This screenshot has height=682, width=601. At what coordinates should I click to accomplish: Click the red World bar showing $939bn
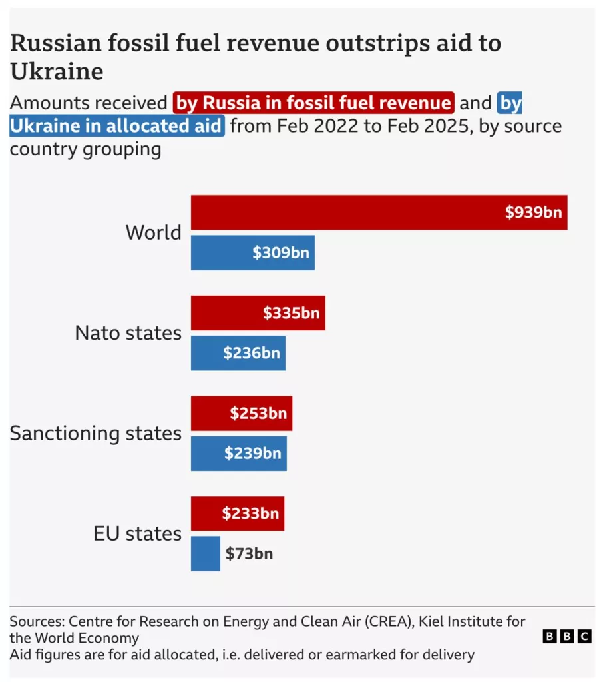coord(379,212)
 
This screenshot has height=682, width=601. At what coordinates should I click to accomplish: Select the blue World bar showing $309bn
coord(252,252)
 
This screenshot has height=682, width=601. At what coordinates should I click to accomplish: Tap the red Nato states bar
coord(258,313)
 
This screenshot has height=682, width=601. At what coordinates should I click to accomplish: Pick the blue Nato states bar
coord(238,353)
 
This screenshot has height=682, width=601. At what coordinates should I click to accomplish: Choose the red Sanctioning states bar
coord(241,414)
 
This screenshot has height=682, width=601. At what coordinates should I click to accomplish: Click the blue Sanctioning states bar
coord(238,454)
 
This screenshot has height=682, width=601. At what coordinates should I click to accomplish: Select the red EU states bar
coord(237,513)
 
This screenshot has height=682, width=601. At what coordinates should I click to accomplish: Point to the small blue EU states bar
coord(205,553)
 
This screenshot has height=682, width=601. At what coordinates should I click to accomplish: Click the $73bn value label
coord(249,553)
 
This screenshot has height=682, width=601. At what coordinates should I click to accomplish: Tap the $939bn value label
coord(533,212)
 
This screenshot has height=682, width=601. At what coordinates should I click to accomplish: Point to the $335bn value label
coord(291,313)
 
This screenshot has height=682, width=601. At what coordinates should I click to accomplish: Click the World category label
coord(153,232)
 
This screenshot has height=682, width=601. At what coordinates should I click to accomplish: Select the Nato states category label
coord(128,333)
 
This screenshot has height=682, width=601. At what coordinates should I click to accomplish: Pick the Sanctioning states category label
coord(95,434)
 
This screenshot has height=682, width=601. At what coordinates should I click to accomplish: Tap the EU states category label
coord(137,533)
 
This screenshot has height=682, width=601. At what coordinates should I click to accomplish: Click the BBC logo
coord(567,637)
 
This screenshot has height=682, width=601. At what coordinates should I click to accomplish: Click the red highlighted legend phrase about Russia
coord(313,103)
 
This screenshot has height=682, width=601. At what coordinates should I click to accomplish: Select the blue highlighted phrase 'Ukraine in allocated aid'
coord(116,125)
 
